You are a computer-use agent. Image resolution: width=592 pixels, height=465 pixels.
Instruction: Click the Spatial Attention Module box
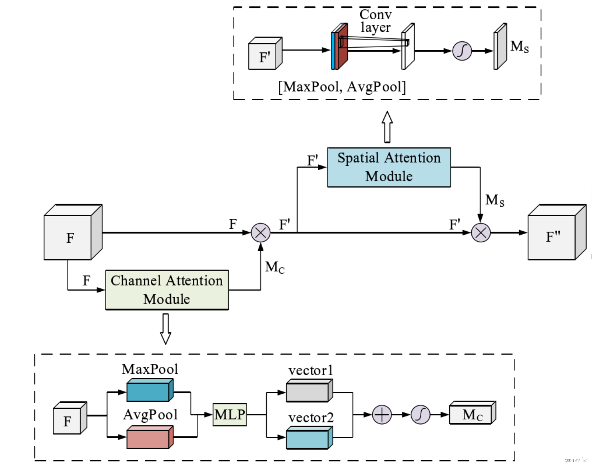389,167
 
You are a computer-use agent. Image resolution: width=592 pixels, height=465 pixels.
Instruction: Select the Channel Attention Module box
167,290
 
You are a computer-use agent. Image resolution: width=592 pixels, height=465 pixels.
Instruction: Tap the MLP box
230,414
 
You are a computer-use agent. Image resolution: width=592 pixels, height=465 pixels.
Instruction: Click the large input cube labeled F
73,232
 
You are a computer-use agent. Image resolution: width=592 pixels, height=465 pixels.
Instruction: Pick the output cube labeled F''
557,232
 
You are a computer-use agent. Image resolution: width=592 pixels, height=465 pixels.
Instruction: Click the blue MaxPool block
150,390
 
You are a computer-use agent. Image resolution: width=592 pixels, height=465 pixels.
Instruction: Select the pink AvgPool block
150,437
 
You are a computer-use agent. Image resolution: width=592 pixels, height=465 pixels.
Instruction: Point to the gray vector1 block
310,390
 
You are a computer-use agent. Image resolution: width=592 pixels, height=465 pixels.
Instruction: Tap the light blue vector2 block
310,437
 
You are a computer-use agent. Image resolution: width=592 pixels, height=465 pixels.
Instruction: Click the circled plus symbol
382,414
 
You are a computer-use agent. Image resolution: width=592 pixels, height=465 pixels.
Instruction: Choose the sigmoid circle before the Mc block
420,414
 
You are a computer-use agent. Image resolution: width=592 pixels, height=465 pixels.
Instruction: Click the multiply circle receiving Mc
260,232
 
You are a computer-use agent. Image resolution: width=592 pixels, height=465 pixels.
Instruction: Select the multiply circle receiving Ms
481,232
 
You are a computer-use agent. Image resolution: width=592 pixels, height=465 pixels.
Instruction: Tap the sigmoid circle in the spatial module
462,51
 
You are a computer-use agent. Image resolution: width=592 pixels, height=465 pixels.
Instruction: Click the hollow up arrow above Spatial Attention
387,127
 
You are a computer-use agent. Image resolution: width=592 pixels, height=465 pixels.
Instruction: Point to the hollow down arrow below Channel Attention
166,329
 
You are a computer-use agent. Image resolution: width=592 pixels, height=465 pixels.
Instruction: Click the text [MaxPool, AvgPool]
342,87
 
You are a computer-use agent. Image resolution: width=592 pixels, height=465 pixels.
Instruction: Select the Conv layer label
376,21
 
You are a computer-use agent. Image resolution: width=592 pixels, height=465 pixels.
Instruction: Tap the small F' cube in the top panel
265,53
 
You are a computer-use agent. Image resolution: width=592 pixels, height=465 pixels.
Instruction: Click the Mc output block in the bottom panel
473,413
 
